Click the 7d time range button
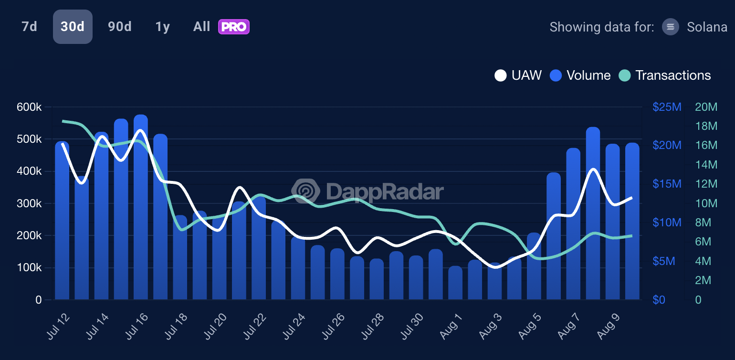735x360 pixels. coord(29,27)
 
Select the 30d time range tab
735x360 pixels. coord(73,27)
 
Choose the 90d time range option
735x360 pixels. coord(119,27)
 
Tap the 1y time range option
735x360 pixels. coord(163,27)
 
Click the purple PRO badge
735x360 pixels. coord(234,27)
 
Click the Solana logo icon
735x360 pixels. coord(671,27)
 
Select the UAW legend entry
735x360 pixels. coord(518,75)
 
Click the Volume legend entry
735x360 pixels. coord(580,75)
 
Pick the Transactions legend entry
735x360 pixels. coord(665,75)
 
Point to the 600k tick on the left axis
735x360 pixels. coord(29,107)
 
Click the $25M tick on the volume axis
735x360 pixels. coord(667,107)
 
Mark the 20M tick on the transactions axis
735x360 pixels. coord(706,107)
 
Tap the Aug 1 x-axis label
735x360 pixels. coord(451,327)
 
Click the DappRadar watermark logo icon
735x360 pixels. coord(306,191)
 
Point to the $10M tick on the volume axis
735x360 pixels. coord(667,223)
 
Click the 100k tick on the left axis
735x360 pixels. coord(29,268)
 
